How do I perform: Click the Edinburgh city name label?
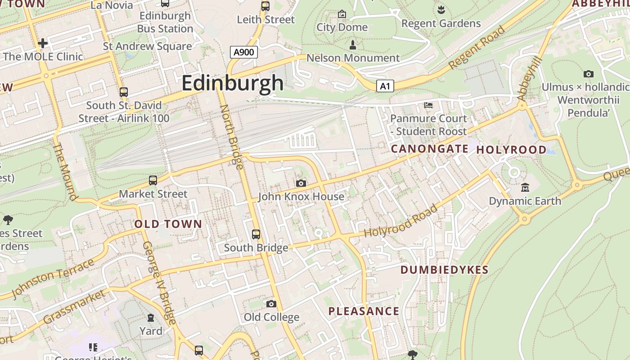click(x=233, y=83)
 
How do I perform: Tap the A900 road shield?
click(x=244, y=52)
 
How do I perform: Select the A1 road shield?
click(x=385, y=86)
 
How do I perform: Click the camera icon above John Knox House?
click(x=301, y=183)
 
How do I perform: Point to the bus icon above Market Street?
click(x=153, y=180)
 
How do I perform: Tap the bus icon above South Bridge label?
click(x=256, y=234)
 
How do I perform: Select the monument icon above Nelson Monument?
click(x=353, y=45)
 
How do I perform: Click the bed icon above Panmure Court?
click(x=428, y=105)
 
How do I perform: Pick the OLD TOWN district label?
click(x=168, y=224)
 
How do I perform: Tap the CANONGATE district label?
click(x=429, y=148)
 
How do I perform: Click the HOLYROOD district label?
click(x=511, y=150)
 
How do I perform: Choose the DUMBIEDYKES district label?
click(x=444, y=270)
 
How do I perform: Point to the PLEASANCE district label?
click(x=364, y=311)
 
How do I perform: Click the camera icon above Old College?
click(x=271, y=304)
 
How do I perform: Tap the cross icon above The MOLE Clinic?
click(x=43, y=43)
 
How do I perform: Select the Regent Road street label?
click(x=477, y=47)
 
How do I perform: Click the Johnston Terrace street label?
click(x=53, y=278)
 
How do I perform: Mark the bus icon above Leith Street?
click(x=265, y=6)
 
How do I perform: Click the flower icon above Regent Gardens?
click(x=441, y=9)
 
